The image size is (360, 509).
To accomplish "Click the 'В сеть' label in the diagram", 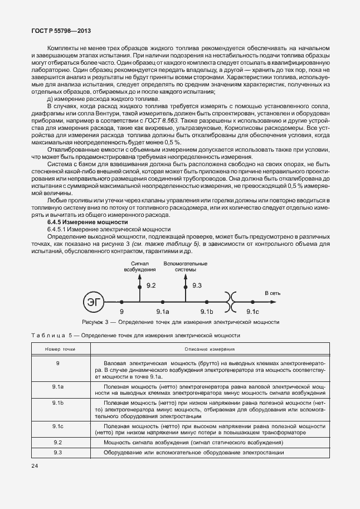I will (273, 292).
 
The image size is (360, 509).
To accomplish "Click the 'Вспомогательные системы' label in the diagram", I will (185, 266).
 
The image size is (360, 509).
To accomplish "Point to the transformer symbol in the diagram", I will (230, 302).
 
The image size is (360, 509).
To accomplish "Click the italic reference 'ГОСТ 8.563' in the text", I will (162, 120).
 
